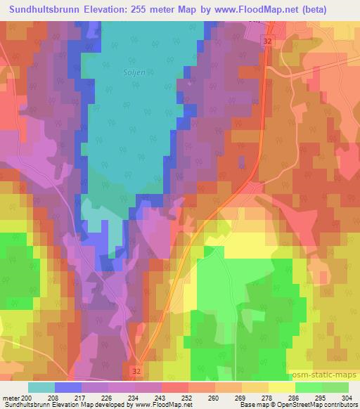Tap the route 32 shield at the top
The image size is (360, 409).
(x=266, y=42)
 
